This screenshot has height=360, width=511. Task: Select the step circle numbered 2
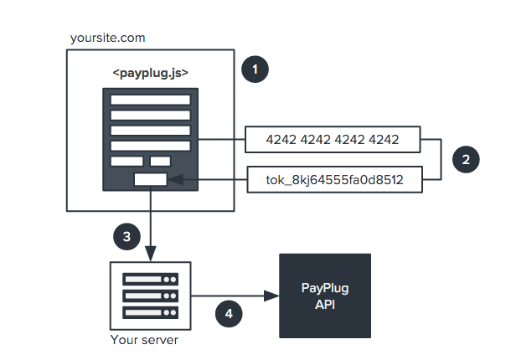pos(464,157)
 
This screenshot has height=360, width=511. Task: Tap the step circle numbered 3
pos(126,237)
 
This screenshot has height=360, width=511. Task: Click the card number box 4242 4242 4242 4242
pos(333,140)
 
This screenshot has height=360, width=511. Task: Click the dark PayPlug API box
pos(324,295)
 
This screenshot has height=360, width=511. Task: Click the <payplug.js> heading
pos(151,73)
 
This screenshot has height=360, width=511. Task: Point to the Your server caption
pos(144,341)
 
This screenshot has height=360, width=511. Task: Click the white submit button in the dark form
pos(151,178)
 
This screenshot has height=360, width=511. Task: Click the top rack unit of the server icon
pos(151,279)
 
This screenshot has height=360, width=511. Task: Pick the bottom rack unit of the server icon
pos(151,312)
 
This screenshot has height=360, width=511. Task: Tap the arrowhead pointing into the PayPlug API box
pos(271,296)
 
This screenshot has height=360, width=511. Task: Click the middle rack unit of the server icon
pos(151,296)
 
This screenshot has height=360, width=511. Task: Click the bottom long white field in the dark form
pos(151,145)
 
